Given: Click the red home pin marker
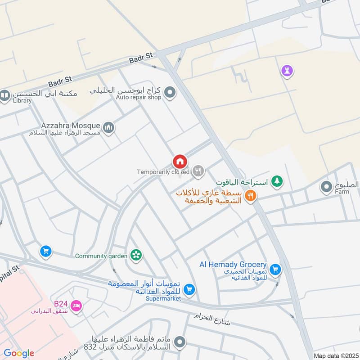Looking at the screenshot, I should click(180, 161).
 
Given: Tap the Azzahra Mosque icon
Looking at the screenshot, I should click(108, 128).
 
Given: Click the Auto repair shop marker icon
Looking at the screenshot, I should click(170, 93).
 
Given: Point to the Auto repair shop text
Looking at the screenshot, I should click(138, 97).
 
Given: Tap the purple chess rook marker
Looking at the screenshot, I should click(287, 70).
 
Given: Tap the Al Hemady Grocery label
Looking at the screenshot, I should click(233, 265).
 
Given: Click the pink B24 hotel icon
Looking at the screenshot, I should click(76, 306).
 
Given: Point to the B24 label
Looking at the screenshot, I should click(60, 302).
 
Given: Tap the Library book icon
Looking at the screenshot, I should click(5, 96).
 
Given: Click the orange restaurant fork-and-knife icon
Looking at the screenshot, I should click(251, 196).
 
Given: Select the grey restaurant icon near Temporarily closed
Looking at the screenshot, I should click(198, 171).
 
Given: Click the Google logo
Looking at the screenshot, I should click(19, 353).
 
